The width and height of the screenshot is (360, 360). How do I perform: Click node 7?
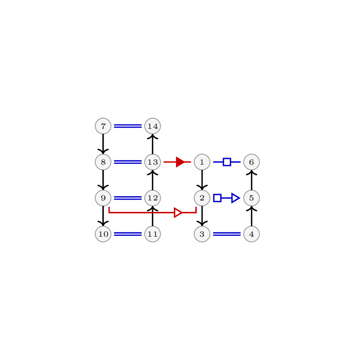click(x=103, y=126)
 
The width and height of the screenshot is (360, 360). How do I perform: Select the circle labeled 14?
click(x=153, y=126)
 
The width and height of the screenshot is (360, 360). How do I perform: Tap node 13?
click(x=153, y=162)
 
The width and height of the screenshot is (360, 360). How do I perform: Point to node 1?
click(x=202, y=162)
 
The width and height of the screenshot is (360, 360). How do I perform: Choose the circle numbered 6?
click(x=252, y=162)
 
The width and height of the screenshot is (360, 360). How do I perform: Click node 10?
click(x=103, y=234)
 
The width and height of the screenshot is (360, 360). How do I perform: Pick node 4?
click(x=252, y=234)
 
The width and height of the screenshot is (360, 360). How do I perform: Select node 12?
click(x=153, y=198)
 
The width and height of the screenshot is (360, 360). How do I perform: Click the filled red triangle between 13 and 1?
click(x=180, y=162)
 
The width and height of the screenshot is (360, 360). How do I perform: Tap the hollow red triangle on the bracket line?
click(x=178, y=213)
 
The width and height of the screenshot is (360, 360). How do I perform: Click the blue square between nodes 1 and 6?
click(x=227, y=162)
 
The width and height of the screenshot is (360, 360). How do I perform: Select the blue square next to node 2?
click(x=217, y=198)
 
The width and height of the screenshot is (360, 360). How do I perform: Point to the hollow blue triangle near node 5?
click(x=235, y=198)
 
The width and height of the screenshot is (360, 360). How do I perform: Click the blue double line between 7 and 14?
click(x=128, y=126)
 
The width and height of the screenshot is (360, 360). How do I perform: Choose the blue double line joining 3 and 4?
click(x=227, y=234)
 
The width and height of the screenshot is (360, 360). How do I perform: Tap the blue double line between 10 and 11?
click(x=128, y=234)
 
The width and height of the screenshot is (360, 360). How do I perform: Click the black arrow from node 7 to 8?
click(x=103, y=144)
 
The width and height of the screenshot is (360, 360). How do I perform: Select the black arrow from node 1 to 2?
click(x=202, y=180)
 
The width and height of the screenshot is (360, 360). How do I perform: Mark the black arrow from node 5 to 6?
click(x=252, y=180)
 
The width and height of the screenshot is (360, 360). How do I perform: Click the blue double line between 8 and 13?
click(x=128, y=162)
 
